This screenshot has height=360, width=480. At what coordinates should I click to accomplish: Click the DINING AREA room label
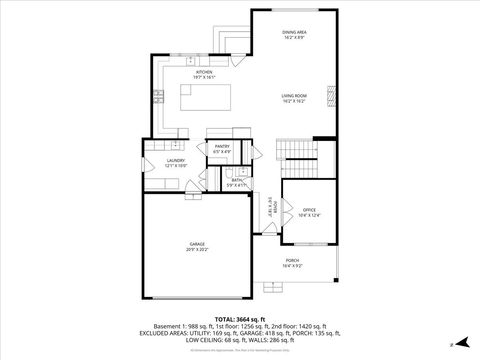pyautogui.click(x=293, y=32)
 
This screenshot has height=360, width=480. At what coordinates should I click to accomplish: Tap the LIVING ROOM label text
pyautogui.click(x=293, y=96)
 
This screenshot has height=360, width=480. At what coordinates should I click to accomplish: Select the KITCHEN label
pyautogui.click(x=203, y=72)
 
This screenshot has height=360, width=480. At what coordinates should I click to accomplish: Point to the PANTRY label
pyautogui.click(x=222, y=147)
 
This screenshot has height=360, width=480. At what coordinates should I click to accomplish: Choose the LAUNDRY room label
pyautogui.click(x=176, y=160)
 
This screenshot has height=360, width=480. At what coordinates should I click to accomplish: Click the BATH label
pyautogui.click(x=236, y=180)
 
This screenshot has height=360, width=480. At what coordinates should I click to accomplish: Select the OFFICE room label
pyautogui.click(x=308, y=210)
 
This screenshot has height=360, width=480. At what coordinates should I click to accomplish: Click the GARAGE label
pyautogui.click(x=197, y=244)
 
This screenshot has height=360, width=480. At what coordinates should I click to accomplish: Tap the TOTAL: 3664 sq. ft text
pyautogui.click(x=239, y=318)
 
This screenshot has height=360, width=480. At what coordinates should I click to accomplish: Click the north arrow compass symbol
pyautogui.click(x=451, y=343)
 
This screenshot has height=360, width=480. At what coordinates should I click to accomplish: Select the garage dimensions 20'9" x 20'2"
pyautogui.click(x=197, y=250)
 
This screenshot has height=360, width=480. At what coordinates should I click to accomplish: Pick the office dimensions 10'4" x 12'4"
pyautogui.click(x=308, y=216)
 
